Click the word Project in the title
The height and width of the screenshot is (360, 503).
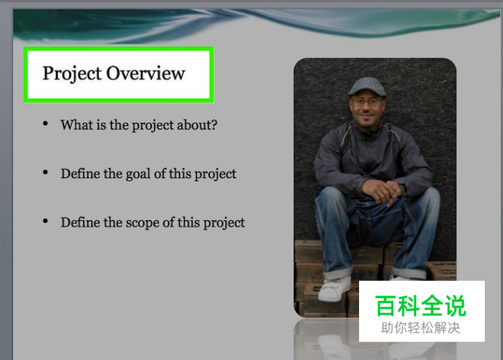pos(72,73)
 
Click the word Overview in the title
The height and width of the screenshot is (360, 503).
pos(145,73)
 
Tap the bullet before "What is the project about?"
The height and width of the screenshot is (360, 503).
pos(45,124)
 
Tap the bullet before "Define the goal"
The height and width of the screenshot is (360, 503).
pos(45,172)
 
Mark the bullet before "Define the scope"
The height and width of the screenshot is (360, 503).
pos(45,221)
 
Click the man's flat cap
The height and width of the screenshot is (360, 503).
pos(367,87)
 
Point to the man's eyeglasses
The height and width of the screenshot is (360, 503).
pos(367,103)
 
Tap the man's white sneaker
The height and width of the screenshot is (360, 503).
pos(334,289)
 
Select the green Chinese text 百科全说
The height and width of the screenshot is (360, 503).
pos(421,305)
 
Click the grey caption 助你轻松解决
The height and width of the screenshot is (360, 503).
pos(421,328)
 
